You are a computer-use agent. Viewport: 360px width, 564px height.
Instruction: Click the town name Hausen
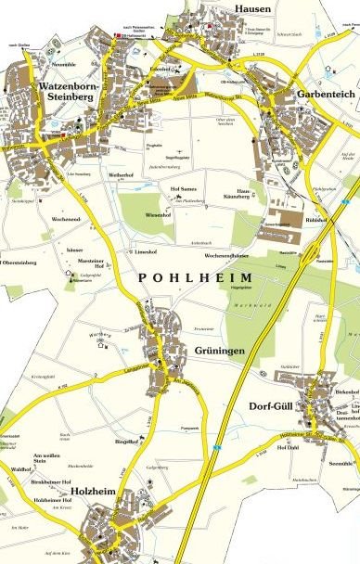(x=251, y=8)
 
